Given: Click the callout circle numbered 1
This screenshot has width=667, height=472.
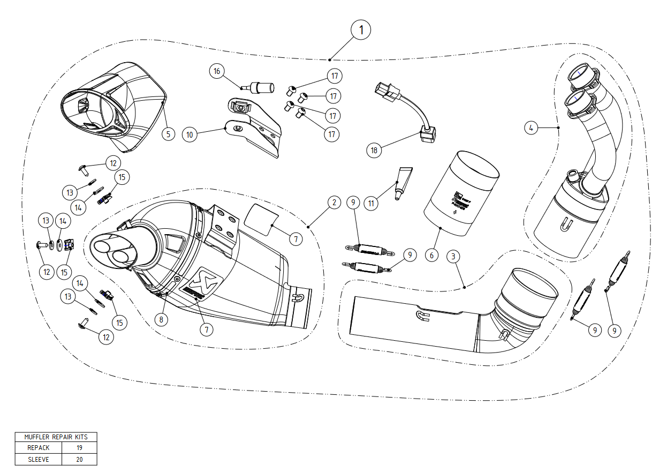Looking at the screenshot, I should coord(361,30).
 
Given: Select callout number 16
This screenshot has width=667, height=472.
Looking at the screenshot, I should coord(216,71).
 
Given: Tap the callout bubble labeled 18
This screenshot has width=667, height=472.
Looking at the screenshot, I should coord(374,150).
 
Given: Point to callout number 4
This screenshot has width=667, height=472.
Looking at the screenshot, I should coord(530,128).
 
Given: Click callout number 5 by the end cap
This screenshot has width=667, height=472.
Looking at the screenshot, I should coord(168,133).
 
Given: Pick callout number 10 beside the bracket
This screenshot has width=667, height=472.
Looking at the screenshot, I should coord(189,134).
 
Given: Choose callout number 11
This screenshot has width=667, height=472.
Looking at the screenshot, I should coord(370,204).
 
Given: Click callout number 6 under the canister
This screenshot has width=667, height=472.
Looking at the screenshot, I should coord(431,256).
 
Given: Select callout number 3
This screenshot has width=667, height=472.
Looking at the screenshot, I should coord(453,256).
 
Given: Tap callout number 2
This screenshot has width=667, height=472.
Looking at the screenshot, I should coord(333,202).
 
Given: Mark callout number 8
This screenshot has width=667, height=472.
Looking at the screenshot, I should coord(161,319).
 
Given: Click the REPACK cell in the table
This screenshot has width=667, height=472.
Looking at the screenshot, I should coord(38,448).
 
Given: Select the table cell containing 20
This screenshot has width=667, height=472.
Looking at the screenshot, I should coord(79,459).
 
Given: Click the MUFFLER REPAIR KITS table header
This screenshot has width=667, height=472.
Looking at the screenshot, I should coord(56,437).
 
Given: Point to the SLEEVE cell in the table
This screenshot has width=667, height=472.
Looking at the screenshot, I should coord(38,459).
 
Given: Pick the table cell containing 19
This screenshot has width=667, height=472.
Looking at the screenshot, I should coord(79,448).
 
